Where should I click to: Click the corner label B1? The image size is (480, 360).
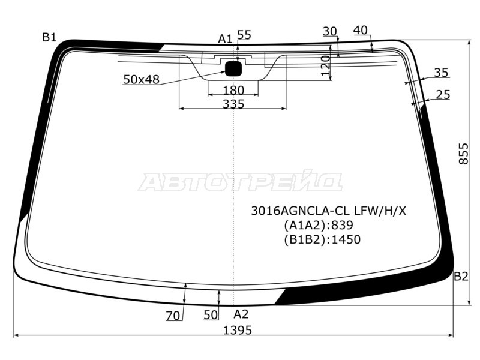tap(49, 37)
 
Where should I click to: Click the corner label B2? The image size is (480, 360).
tap(461, 277)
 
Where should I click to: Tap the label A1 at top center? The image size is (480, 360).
tap(225, 39)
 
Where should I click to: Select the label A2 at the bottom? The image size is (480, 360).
tap(241, 314)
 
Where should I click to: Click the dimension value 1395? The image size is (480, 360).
tap(238, 330)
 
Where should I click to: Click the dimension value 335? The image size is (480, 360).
tap(233, 104)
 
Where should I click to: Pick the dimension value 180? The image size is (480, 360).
tap(233, 90)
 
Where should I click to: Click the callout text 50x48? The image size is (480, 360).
tap(141, 79)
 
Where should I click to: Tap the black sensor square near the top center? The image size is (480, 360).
tap(233, 68)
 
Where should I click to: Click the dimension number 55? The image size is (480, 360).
tap(244, 35)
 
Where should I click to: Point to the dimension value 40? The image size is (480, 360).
tap(361, 30)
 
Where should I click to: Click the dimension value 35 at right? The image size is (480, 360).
tap(441, 73)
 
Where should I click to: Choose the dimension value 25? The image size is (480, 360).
tap(443, 94)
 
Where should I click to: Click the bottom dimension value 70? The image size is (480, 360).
tap(173, 316)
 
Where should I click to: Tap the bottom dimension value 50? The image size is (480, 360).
tap(210, 315)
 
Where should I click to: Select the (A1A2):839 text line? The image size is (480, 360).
tap(318, 226)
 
